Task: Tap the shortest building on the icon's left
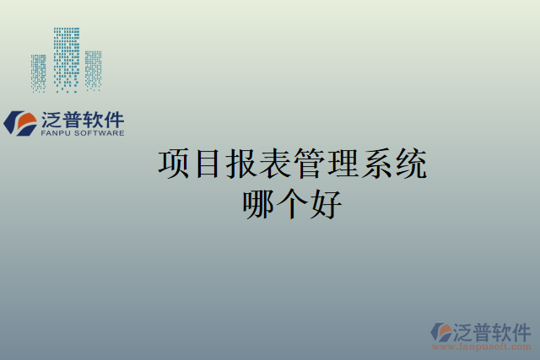pyautogui.click(x=39, y=73)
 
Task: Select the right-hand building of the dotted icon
pyautogui.click(x=93, y=69)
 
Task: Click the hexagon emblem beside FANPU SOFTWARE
pyautogui.click(x=19, y=123)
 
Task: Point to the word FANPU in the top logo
pyautogui.click(x=57, y=133)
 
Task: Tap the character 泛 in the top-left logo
pyautogui.click(x=50, y=120)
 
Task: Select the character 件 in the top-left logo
pyautogui.click(x=114, y=120)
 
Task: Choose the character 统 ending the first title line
pyautogui.click(x=410, y=164)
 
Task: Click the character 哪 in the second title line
pyautogui.click(x=259, y=204)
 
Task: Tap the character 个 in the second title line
pyautogui.click(x=292, y=204)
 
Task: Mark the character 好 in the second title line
pyautogui.click(x=325, y=204)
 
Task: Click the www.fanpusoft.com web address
pyautogui.click(x=482, y=346)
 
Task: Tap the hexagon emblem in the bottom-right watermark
pyautogui.click(x=441, y=331)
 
